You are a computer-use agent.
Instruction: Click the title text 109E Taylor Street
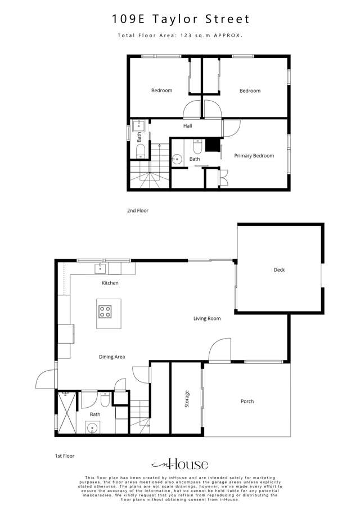pyautogui.click(x=180, y=20)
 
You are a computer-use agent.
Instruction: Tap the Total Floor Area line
pyautogui.click(x=180, y=35)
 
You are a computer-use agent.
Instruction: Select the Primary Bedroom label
pyautogui.click(x=254, y=156)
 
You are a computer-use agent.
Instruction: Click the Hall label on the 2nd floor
pyautogui.click(x=187, y=126)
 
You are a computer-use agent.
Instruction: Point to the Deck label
pyautogui.click(x=279, y=270)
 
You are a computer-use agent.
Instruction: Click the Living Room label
pyautogui.click(x=207, y=319)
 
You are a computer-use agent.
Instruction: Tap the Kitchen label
pyautogui.click(x=110, y=283)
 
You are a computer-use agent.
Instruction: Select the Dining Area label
pyautogui.click(x=112, y=357)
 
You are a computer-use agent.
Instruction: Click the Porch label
pyautogui.click(x=247, y=402)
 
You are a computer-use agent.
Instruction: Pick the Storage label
pyautogui.click(x=187, y=399)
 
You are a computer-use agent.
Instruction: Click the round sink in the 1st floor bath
pyautogui.click(x=92, y=427)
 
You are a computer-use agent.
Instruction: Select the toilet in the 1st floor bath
pyautogui.click(x=105, y=402)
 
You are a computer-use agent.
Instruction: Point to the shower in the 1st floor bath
pyautogui.click(x=67, y=412)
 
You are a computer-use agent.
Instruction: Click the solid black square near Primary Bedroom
pyautogui.click(x=212, y=145)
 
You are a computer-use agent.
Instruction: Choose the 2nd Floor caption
pyautogui.click(x=137, y=210)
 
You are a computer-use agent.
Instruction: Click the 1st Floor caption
pyautogui.click(x=65, y=456)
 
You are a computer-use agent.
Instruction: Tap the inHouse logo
pyautogui.click(x=180, y=465)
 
